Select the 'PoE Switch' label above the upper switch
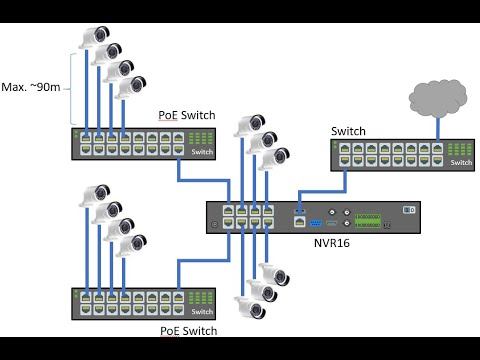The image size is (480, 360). pyautogui.click(x=185, y=115)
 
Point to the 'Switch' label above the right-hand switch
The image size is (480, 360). pyautogui.click(x=349, y=131)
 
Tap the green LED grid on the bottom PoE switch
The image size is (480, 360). pyautogui.click(x=203, y=297)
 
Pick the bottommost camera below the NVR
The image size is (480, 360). pyautogui.click(x=250, y=305)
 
